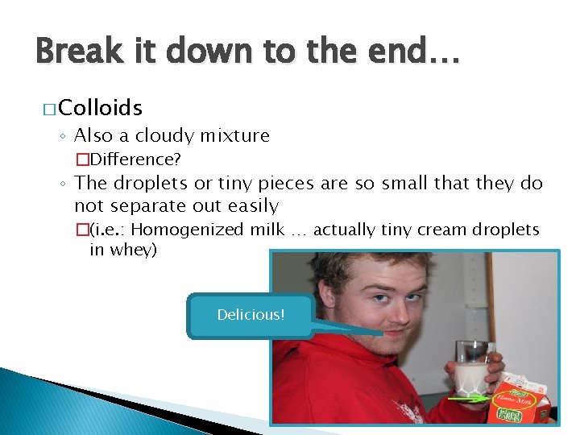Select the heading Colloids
point(100,108)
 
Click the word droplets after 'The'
point(149,183)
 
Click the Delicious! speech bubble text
point(251,314)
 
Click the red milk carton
point(520,398)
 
